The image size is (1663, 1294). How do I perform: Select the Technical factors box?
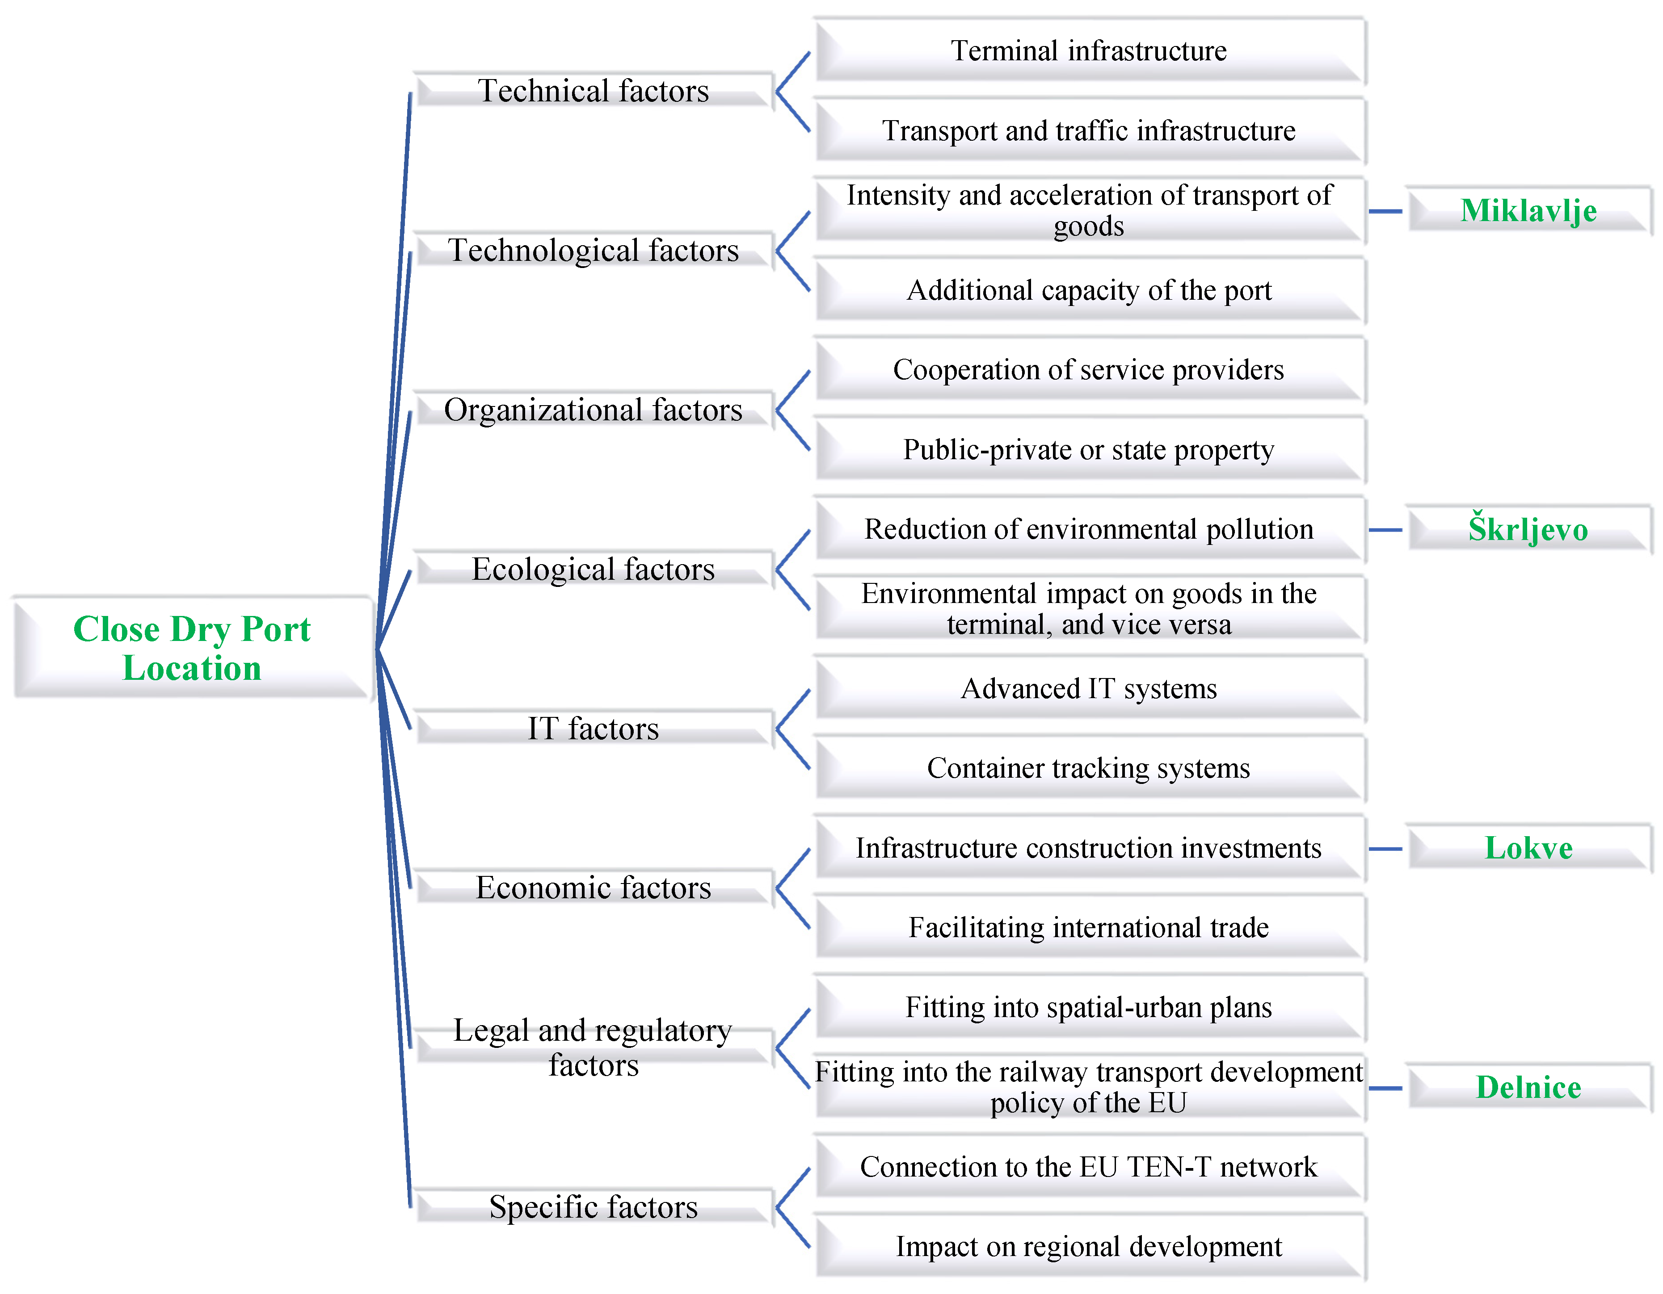point(593,91)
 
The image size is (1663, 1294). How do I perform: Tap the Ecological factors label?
point(593,570)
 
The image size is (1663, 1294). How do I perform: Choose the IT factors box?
point(593,729)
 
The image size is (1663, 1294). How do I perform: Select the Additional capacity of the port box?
point(1089,290)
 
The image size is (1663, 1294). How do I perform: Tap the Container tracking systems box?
point(1089,768)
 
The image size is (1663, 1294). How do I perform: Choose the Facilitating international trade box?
point(1089,928)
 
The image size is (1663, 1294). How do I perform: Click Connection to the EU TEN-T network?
point(1089,1167)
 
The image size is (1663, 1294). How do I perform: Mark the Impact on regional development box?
point(1089,1247)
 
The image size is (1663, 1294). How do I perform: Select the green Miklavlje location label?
point(1528,211)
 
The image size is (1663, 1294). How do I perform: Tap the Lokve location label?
point(1528,848)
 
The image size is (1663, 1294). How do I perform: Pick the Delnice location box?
point(1528,1087)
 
